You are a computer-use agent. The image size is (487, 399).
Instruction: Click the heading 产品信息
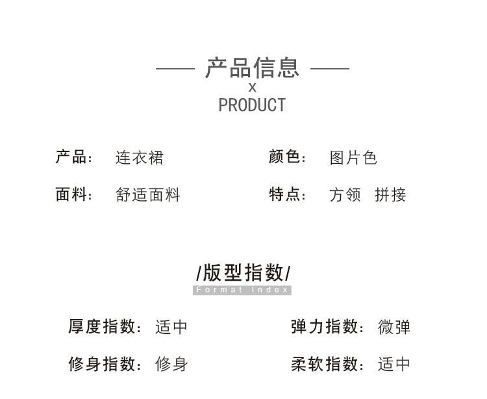point(253,68)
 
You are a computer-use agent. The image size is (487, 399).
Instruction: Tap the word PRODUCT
point(252,105)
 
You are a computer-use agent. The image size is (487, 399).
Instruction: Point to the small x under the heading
point(253,88)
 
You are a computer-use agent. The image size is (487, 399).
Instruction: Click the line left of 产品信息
point(175,68)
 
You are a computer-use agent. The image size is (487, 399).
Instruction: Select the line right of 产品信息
point(330,68)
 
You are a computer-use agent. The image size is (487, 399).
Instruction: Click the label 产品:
point(75,157)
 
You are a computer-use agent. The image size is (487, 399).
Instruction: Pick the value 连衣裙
point(140,158)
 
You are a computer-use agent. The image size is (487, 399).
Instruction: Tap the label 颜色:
point(288,157)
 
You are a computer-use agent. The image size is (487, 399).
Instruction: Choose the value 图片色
point(353,158)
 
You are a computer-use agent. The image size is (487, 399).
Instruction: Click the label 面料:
point(75,194)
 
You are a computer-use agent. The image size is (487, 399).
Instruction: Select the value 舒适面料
point(148,195)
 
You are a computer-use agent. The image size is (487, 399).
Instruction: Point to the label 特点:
point(288,194)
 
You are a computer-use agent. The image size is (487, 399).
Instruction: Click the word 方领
point(345,195)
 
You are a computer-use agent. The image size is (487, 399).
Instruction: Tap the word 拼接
point(390,195)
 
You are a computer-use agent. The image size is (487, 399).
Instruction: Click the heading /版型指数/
point(243,272)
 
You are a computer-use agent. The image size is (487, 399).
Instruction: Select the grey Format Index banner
point(242,290)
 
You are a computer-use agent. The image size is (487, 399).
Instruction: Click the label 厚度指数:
point(105,326)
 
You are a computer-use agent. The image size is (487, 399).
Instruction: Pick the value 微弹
point(394,327)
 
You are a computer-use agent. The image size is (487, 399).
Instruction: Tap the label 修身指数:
point(105,364)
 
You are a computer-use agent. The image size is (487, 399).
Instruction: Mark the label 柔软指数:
point(328,364)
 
